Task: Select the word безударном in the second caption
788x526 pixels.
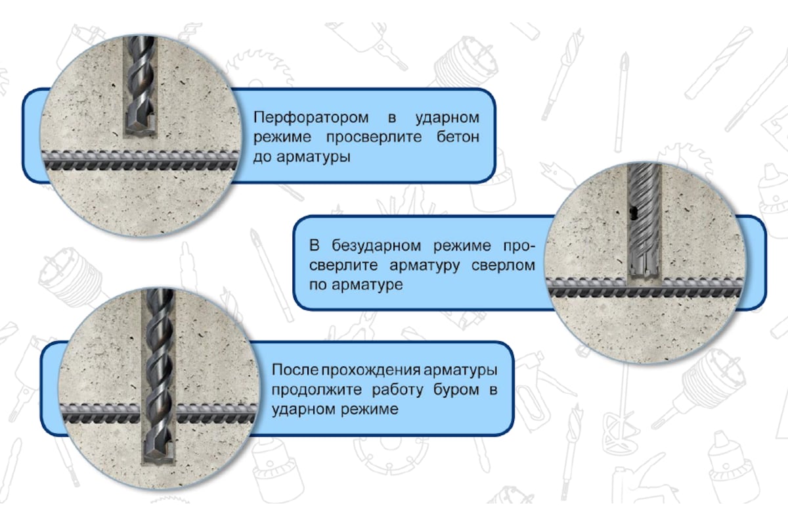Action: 377,247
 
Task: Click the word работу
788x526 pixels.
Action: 401,389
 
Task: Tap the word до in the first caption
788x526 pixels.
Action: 262,158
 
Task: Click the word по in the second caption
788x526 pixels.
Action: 317,286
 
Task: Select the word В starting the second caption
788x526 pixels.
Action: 314,247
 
